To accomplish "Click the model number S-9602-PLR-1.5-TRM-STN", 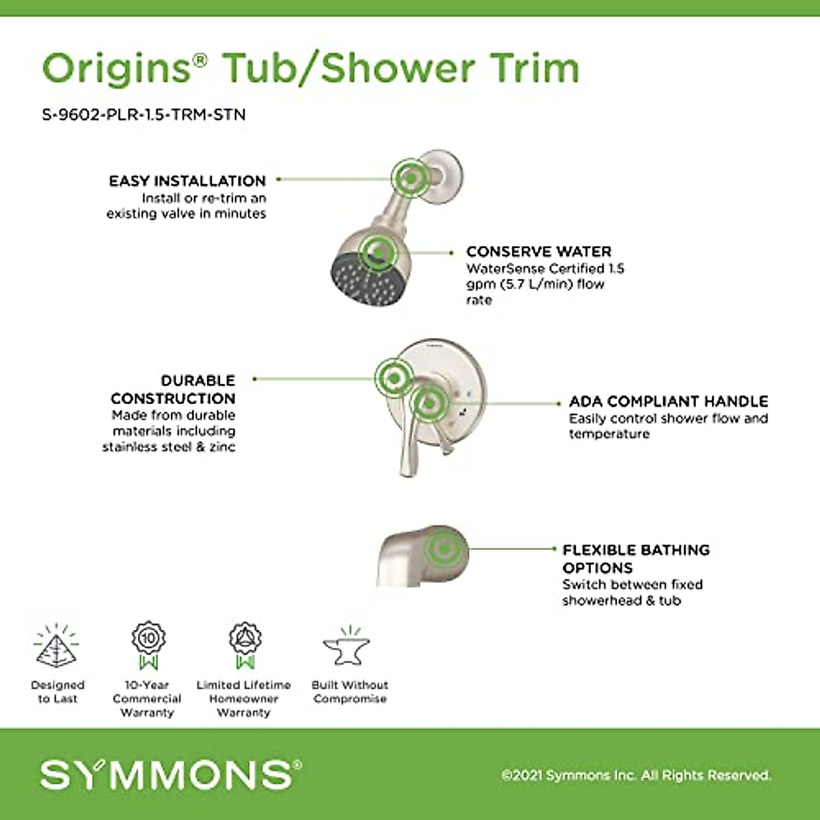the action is point(143,114).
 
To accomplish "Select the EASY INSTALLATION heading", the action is point(187,181).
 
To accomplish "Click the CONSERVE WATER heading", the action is point(538,251).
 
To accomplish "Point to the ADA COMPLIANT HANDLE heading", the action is point(668,401).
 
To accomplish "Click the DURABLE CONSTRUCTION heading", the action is point(174,389).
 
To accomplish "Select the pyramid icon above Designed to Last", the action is point(57,646).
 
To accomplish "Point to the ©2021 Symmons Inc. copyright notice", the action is point(635,776).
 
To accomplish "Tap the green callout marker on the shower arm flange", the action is point(411,178).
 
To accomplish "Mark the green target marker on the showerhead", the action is point(378,253).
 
